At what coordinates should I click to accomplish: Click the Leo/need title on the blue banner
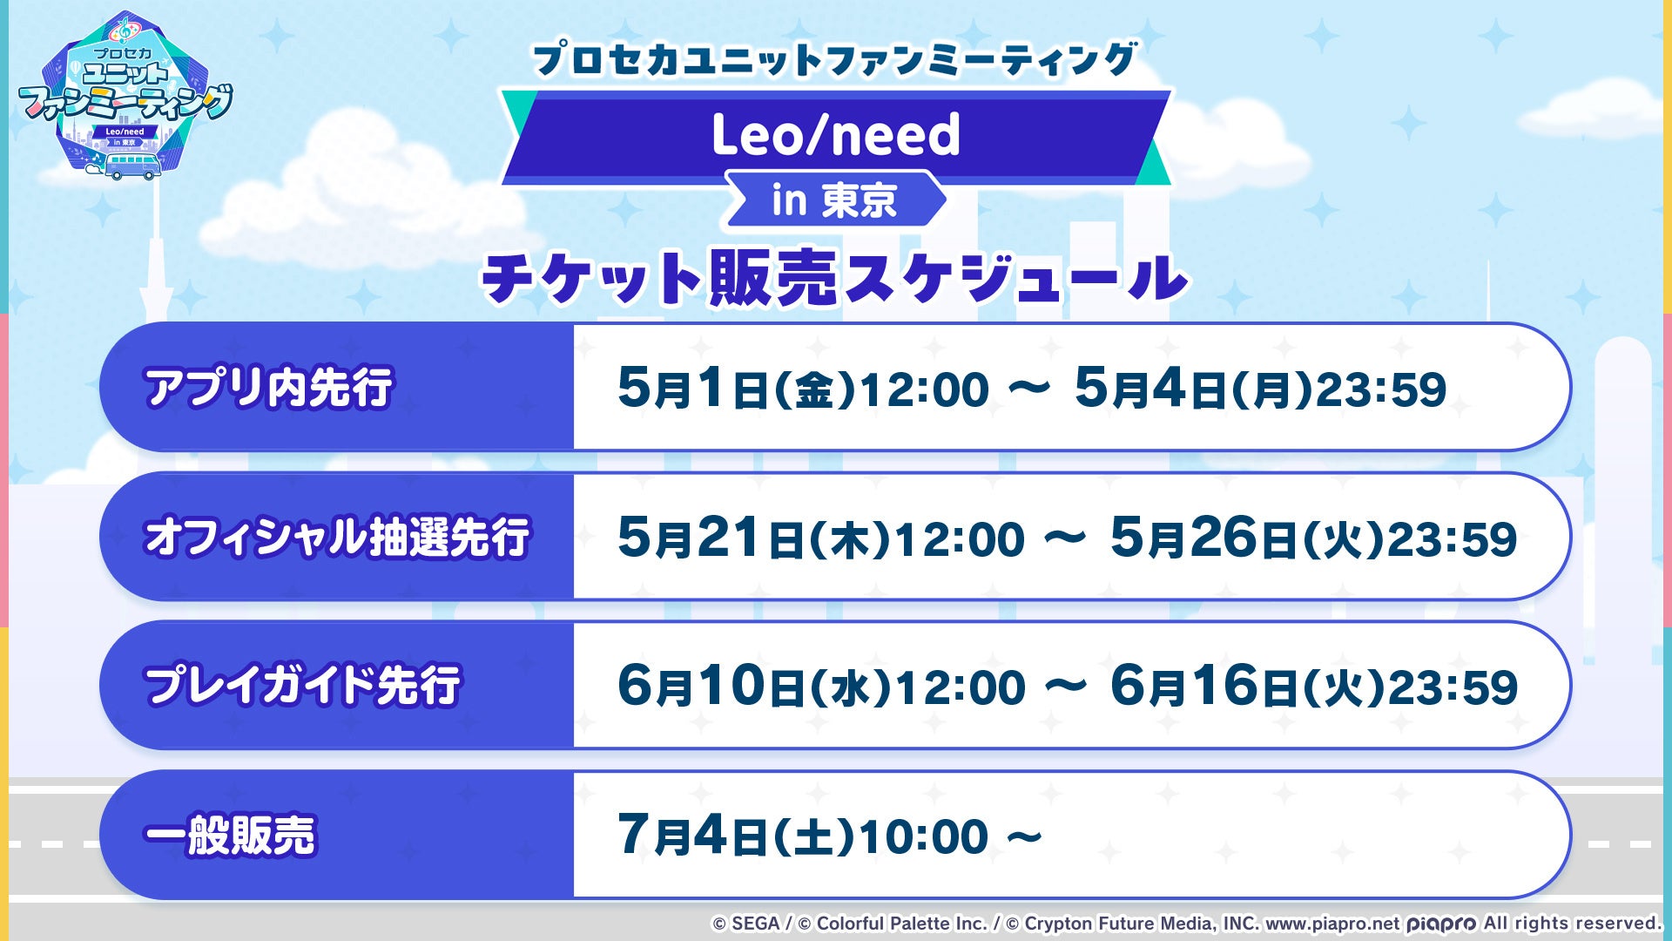point(836,135)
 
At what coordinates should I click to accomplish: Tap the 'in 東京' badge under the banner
point(834,200)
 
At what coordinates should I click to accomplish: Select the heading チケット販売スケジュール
point(835,278)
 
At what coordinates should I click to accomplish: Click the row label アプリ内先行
point(269,387)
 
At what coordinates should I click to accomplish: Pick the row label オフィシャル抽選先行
point(337,536)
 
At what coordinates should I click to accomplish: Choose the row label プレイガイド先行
point(302,685)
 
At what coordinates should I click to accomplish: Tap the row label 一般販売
point(230,835)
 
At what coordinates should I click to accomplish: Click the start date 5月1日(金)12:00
point(803,389)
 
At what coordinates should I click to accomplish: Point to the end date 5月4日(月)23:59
point(1260,389)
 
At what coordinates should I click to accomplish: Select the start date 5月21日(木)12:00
point(821,538)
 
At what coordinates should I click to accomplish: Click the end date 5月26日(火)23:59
point(1313,538)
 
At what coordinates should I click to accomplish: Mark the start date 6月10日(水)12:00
point(821,687)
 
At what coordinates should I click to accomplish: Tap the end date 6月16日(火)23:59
point(1313,687)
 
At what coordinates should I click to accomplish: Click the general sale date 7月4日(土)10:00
point(802,836)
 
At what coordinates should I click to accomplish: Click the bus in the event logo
point(132,166)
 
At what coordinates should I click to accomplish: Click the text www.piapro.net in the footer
point(1332,924)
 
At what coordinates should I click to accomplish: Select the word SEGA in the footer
point(755,924)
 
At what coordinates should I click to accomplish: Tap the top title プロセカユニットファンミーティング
point(835,59)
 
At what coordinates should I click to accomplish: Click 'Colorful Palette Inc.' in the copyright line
point(901,924)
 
